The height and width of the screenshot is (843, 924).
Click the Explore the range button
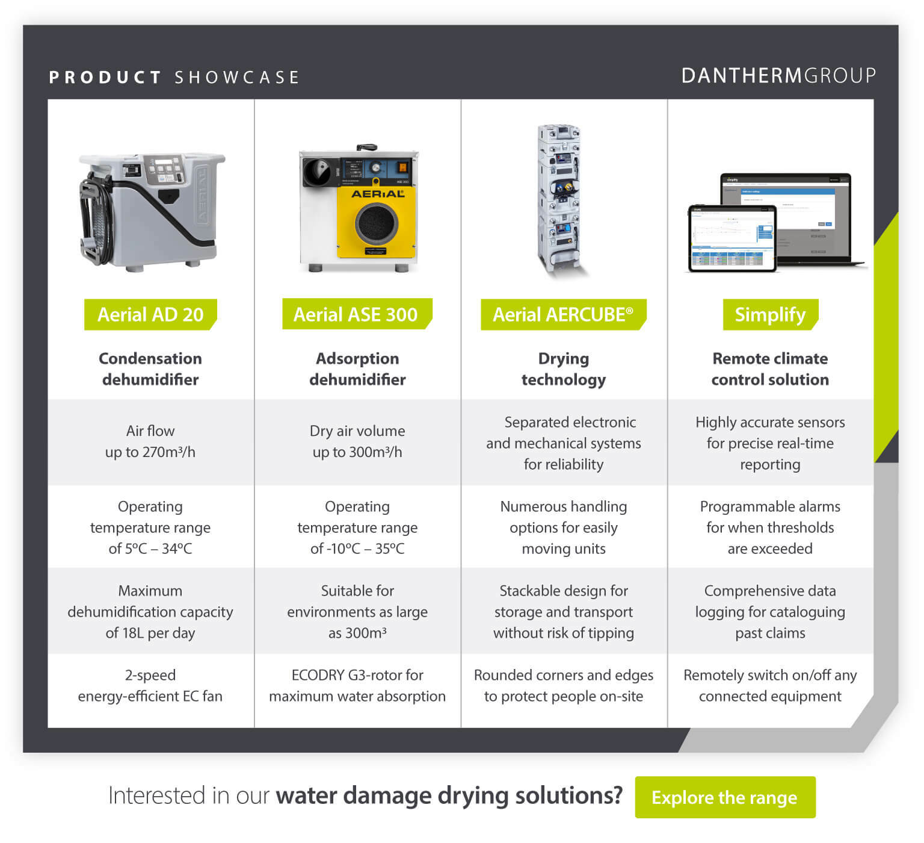tap(725, 797)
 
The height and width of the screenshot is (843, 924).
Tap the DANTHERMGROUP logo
tap(778, 76)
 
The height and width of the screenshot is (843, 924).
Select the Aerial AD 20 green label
tap(150, 314)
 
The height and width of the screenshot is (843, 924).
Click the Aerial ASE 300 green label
tap(356, 314)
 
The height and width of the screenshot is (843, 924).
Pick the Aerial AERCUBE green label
tap(563, 314)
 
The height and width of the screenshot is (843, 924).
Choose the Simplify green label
tap(770, 314)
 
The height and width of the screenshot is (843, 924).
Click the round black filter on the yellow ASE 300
tap(377, 224)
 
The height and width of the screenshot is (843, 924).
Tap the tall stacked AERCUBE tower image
tap(559, 199)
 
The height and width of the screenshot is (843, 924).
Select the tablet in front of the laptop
tap(731, 238)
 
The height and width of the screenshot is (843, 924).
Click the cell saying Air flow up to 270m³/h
tap(150, 441)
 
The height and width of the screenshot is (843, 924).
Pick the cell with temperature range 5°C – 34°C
tap(150, 527)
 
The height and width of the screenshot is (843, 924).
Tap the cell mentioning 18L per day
tap(150, 612)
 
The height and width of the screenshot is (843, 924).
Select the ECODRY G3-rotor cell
tap(357, 685)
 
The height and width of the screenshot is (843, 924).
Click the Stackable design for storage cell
tap(564, 612)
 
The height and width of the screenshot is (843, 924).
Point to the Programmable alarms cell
tap(770, 527)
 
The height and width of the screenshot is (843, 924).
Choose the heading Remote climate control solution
tap(770, 369)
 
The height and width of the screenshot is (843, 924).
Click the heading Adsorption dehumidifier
tap(357, 369)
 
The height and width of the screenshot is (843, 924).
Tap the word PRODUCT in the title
tap(105, 78)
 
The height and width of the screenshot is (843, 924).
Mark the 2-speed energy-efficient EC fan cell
tap(150, 685)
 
